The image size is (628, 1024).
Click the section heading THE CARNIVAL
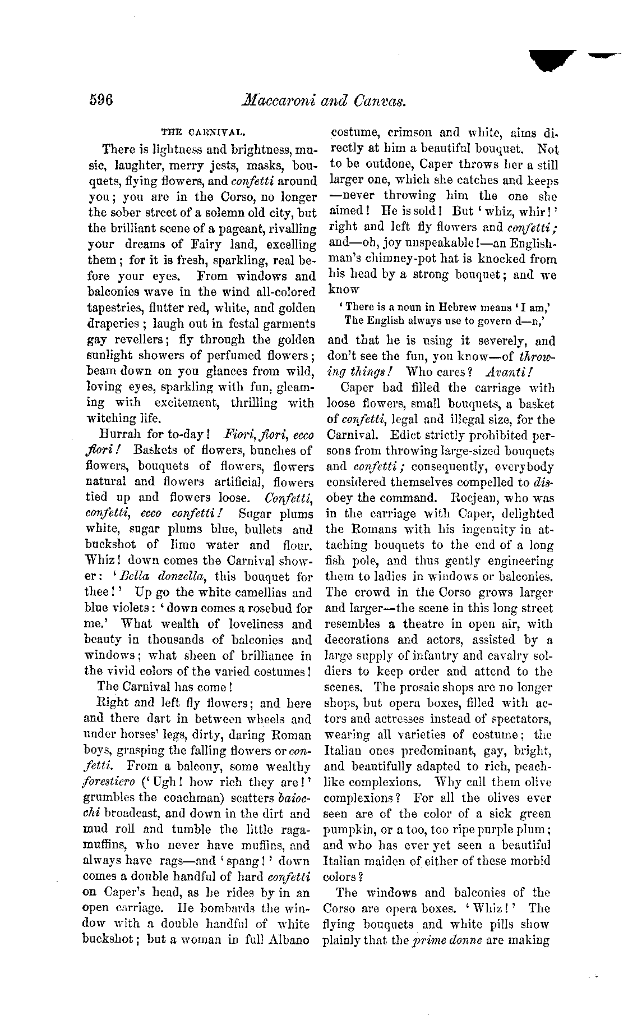coord(201,133)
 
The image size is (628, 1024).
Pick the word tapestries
coord(116,308)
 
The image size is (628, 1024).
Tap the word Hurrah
coord(120,434)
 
